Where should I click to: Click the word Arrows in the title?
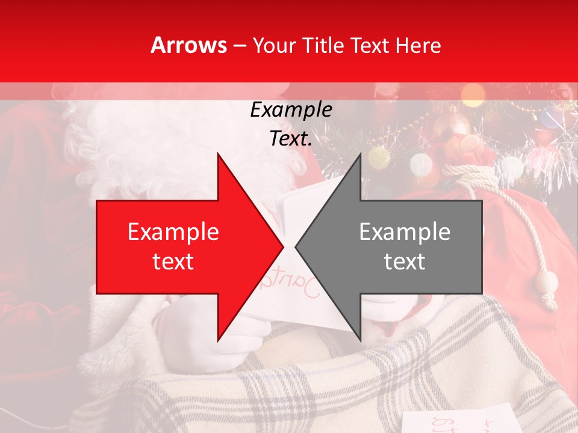pos(188,46)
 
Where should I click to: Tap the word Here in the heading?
pos(419,46)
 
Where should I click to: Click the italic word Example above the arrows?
pos(291,110)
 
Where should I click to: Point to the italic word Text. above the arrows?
pos(291,139)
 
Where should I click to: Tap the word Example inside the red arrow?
pos(173,232)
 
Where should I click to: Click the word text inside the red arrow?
pos(173,262)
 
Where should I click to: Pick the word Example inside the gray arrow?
pos(405,232)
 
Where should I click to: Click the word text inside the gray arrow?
pos(405,262)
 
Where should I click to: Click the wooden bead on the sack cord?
pos(548,281)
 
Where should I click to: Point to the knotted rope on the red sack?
pos(473,174)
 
